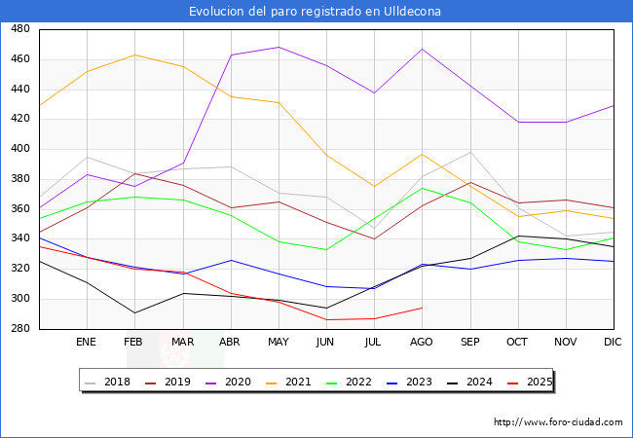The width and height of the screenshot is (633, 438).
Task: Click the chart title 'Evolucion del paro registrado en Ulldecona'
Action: point(316,12)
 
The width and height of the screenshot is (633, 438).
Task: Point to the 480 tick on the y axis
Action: point(19,29)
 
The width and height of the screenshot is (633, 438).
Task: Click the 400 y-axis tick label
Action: point(19,149)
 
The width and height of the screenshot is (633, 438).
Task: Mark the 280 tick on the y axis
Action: point(19,329)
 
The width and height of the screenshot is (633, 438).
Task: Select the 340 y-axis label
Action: point(19,239)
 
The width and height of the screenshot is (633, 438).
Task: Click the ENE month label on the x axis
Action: point(87,343)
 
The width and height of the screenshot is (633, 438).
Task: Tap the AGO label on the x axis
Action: point(421,343)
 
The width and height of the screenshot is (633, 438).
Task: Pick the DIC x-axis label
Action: point(613,343)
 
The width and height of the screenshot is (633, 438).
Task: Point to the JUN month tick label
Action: point(325,343)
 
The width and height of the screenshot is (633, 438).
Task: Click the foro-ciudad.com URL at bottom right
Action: point(558,422)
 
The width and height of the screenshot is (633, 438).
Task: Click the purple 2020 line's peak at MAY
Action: point(279,47)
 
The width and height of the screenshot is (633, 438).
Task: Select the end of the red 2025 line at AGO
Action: point(422,308)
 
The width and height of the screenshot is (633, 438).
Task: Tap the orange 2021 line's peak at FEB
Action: point(134,55)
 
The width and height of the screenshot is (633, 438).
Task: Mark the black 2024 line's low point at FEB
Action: point(134,312)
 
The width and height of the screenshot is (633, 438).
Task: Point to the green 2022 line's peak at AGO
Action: point(422,188)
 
